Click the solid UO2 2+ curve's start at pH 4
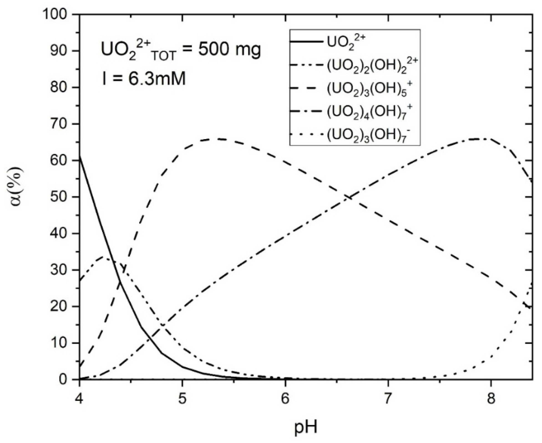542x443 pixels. click(x=80, y=157)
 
